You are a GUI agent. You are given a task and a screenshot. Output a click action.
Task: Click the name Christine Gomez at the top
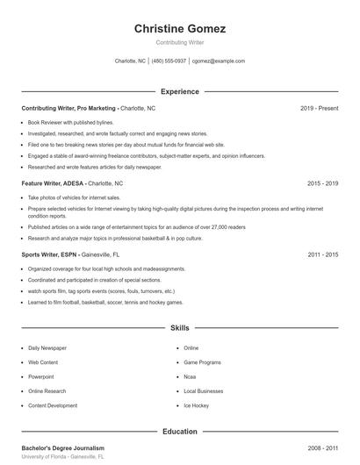click(180, 29)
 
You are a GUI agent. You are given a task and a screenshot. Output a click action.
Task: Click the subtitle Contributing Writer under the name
click(180, 42)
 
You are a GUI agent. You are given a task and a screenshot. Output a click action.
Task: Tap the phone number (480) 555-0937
click(169, 61)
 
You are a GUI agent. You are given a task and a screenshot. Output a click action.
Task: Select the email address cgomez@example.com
click(219, 61)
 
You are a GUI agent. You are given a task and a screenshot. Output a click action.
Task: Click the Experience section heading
click(180, 91)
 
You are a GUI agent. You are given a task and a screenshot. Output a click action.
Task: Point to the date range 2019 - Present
click(319, 108)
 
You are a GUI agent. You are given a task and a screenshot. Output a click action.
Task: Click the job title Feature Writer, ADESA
click(54, 184)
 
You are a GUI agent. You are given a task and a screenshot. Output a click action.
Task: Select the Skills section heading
click(180, 328)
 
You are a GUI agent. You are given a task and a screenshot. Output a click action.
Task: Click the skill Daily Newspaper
click(47, 348)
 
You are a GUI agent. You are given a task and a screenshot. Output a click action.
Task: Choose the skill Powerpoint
click(41, 376)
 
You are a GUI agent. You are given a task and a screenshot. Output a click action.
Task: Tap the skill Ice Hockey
click(196, 405)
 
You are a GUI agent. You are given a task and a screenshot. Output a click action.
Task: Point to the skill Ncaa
click(190, 376)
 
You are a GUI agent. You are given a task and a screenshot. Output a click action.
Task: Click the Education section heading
click(180, 432)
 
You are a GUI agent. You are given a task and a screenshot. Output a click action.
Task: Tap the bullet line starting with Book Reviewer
click(70, 123)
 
